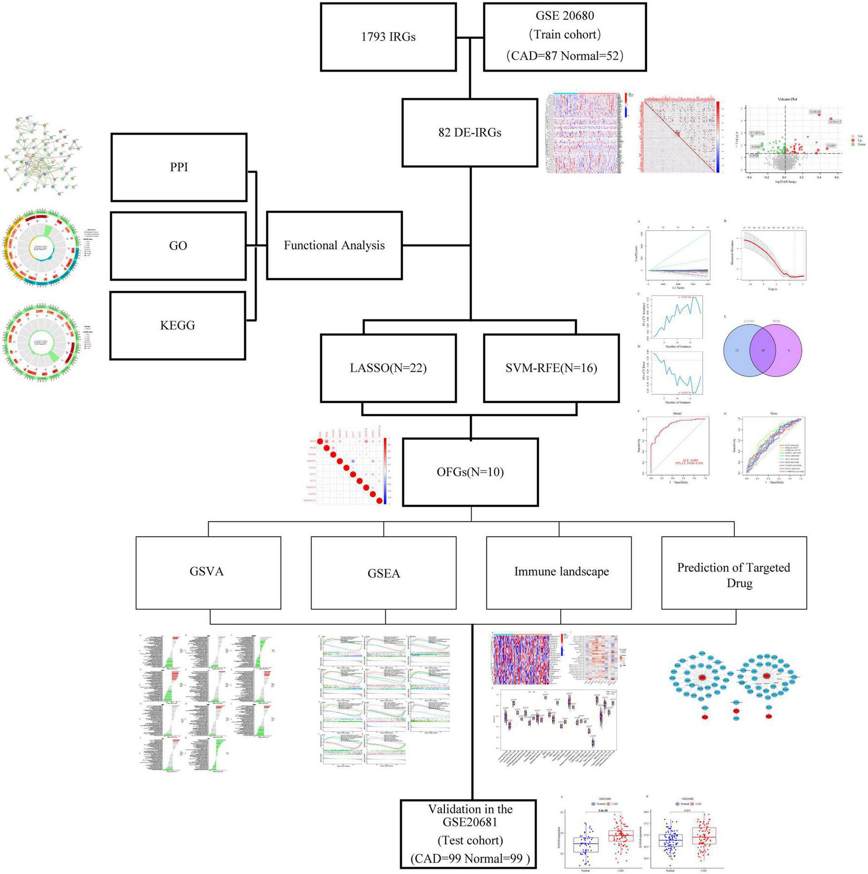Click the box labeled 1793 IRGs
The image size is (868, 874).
tap(388, 37)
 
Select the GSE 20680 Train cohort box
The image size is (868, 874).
tap(565, 37)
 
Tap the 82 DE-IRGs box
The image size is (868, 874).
tap(470, 133)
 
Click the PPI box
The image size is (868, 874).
tap(179, 167)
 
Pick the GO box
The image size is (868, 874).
tap(178, 246)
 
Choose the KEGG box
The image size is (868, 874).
tap(178, 326)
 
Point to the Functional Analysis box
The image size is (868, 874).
tap(334, 246)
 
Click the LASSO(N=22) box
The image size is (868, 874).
tap(388, 368)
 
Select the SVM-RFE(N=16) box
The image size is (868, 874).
tap(551, 368)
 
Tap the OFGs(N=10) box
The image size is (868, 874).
tap(470, 473)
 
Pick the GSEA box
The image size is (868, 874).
tap(383, 573)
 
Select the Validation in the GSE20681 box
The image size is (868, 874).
tap(470, 834)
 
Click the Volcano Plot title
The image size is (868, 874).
tap(787, 99)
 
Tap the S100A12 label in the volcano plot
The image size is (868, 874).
tap(834, 121)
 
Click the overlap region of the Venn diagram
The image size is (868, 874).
tap(762, 351)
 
